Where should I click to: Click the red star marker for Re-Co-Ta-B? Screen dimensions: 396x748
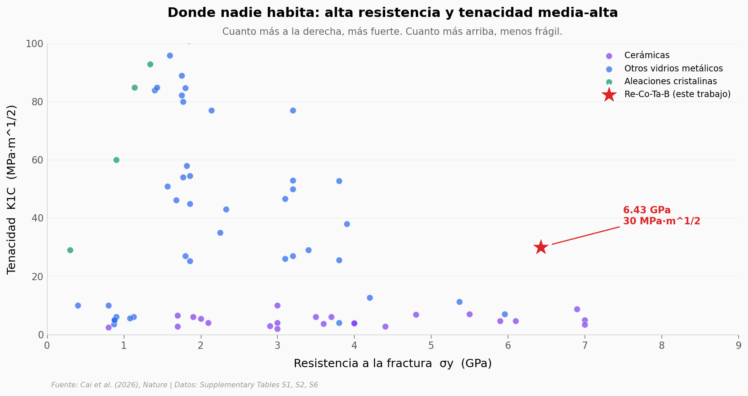pyautogui.click(x=541, y=247)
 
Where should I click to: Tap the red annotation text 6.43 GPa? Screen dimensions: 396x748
pyautogui.click(x=646, y=211)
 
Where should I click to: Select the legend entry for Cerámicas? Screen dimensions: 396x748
pyautogui.click(x=646, y=55)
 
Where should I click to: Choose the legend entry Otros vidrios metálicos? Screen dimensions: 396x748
pyautogui.click(x=673, y=69)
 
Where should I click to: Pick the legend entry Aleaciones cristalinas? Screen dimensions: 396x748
pyautogui.click(x=670, y=81)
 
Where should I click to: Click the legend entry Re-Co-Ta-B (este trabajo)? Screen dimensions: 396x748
pyautogui.click(x=677, y=94)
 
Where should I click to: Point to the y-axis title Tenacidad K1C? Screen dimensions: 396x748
pyautogui.click(x=12, y=189)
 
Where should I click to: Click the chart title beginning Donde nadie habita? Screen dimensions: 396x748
pyautogui.click(x=393, y=13)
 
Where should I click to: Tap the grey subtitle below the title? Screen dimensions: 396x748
pyautogui.click(x=392, y=32)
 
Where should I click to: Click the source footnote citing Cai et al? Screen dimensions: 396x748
pyautogui.click(x=184, y=385)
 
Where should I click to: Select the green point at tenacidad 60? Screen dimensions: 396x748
pyautogui.click(x=116, y=160)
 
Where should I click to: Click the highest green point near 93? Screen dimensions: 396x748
pyautogui.click(x=150, y=64)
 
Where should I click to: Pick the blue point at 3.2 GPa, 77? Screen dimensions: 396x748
pyautogui.click(x=293, y=110)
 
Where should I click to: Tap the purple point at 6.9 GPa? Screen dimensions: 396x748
pyautogui.click(x=577, y=309)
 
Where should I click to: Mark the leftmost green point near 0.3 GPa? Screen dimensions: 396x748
pyautogui.click(x=70, y=250)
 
